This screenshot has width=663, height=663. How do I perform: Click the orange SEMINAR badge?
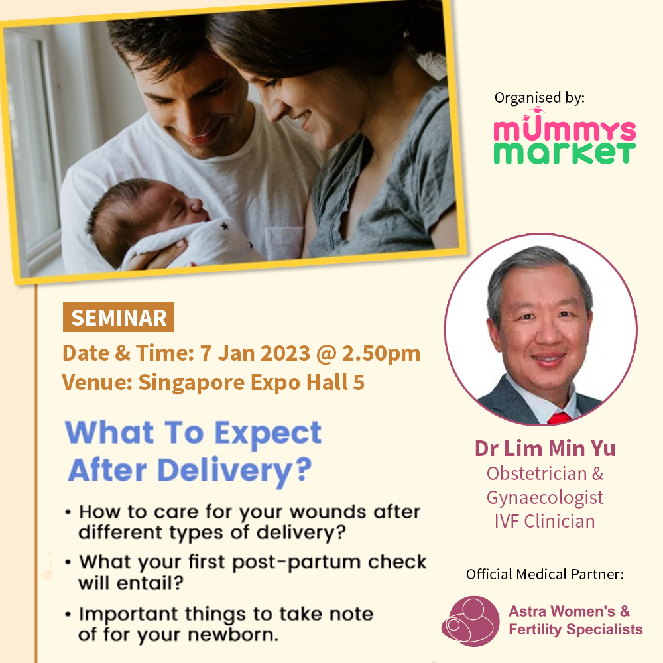[x=118, y=317]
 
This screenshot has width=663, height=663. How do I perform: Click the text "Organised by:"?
[x=540, y=97]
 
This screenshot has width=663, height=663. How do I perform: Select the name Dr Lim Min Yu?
[x=544, y=448]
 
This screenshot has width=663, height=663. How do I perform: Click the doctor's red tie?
[x=559, y=418]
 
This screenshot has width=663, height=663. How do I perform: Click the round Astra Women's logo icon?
[x=470, y=621]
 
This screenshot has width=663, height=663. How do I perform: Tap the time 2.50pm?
[x=381, y=353]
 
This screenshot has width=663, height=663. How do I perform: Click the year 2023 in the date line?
[x=285, y=353]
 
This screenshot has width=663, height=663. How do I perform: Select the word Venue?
[x=97, y=382]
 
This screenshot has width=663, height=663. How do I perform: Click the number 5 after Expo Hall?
[x=359, y=382]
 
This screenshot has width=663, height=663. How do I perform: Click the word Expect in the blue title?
[x=268, y=434]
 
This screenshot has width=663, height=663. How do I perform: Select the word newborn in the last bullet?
[x=233, y=634]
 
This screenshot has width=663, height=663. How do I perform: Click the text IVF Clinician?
[x=544, y=521]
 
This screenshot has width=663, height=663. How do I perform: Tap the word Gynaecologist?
[x=544, y=498]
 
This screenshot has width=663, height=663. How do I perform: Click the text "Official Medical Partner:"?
[x=544, y=574]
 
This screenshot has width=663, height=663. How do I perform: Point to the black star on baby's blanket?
[x=225, y=226]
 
